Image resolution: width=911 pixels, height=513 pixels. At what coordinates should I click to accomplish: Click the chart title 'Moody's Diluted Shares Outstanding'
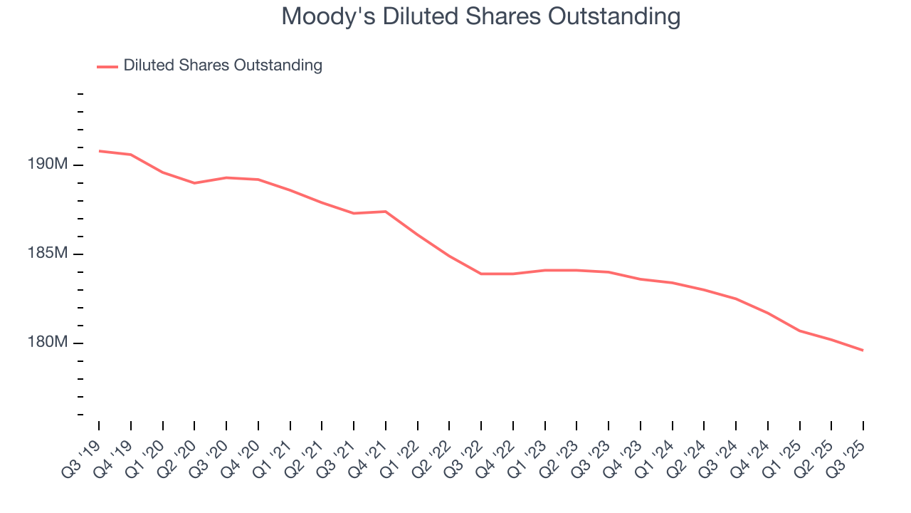[x=480, y=16]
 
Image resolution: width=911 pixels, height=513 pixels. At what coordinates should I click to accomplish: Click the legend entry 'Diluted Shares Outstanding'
[x=222, y=66]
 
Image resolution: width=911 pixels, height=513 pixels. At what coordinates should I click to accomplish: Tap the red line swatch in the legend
[x=107, y=66]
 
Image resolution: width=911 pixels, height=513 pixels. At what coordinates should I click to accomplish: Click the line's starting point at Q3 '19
[x=99, y=151]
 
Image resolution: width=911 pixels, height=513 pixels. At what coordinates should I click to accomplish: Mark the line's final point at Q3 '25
[x=863, y=350]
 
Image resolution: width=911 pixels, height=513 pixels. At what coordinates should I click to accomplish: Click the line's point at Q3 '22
[x=481, y=274]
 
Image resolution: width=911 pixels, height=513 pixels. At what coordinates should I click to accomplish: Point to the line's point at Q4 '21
[x=386, y=212]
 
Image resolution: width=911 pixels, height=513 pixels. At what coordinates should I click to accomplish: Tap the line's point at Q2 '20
[x=194, y=183]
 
